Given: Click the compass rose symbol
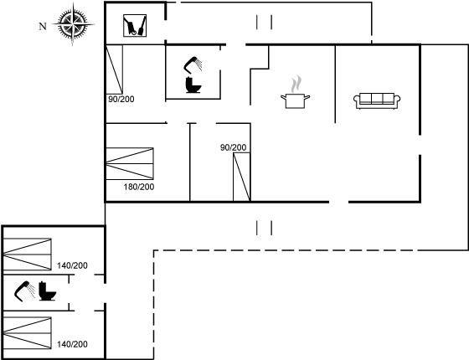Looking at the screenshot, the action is pyautogui.click(x=73, y=23).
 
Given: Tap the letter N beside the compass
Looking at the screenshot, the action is pyautogui.click(x=43, y=26).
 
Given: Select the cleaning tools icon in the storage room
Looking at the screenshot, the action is pyautogui.click(x=135, y=26).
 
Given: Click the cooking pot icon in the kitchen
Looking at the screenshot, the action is pyautogui.click(x=295, y=100).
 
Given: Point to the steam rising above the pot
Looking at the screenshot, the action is pyautogui.click(x=296, y=84).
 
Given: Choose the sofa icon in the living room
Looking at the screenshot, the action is pyautogui.click(x=377, y=100).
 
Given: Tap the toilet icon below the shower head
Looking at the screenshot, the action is pyautogui.click(x=193, y=85).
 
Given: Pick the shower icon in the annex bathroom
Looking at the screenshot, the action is pyautogui.click(x=24, y=291).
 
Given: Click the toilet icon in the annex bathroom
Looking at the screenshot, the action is pyautogui.click(x=47, y=291).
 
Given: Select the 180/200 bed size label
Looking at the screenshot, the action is pyautogui.click(x=139, y=187).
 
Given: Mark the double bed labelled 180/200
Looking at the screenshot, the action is pyautogui.click(x=130, y=163).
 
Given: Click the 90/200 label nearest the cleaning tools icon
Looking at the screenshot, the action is pyautogui.click(x=121, y=99).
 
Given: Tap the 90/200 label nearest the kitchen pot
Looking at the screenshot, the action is pyautogui.click(x=234, y=147).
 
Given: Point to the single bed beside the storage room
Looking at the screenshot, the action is pyautogui.click(x=115, y=69).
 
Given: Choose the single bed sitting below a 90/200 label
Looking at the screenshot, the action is pyautogui.click(x=242, y=177).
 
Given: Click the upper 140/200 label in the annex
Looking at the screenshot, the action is pyautogui.click(x=72, y=265).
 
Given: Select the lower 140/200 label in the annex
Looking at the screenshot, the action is pyautogui.click(x=72, y=344).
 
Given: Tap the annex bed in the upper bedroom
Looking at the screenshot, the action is pyautogui.click(x=28, y=255).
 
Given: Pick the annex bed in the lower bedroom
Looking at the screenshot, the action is pyautogui.click(x=28, y=333).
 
